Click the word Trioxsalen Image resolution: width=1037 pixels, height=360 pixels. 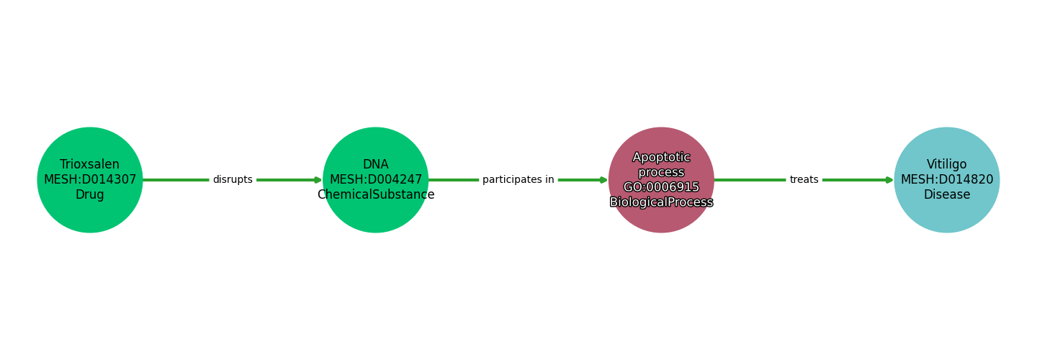(90, 164)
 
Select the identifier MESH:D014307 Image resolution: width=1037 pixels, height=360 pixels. (90, 179)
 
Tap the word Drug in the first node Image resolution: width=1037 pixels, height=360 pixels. (90, 194)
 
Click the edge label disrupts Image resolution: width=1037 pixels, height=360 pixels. (233, 179)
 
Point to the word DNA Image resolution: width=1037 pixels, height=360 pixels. (375, 164)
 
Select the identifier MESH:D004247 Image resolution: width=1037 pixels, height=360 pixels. (375, 179)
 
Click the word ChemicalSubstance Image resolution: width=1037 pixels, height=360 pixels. (375, 194)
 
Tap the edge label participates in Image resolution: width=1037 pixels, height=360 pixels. (518, 179)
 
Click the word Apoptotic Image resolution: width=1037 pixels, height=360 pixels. (661, 157)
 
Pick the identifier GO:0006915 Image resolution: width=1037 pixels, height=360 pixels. (661, 187)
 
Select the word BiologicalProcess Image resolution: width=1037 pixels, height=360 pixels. (661, 202)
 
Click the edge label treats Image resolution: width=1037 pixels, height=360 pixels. (804, 179)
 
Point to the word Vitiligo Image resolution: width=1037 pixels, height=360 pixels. (946, 164)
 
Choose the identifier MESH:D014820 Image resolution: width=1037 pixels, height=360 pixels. (946, 179)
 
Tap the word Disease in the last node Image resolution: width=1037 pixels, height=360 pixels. (946, 194)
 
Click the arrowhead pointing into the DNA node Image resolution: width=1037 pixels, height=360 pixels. (318, 180)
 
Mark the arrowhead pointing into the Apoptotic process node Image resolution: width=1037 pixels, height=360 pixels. (604, 180)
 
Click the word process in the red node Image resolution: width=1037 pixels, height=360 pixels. (661, 172)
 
